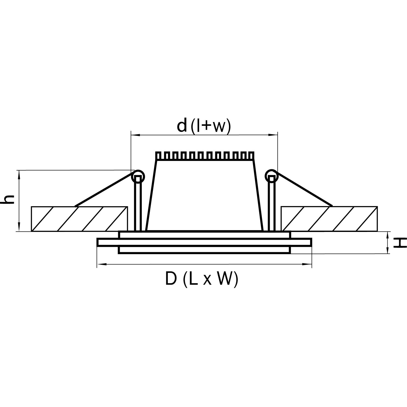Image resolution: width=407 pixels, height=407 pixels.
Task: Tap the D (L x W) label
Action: point(202,279)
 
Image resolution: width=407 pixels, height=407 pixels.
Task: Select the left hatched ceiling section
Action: point(79,219)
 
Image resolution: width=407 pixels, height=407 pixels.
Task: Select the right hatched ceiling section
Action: point(329,219)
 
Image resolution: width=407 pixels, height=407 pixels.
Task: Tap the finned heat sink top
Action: point(205,156)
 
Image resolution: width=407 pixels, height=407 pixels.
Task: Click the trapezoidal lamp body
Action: point(205,196)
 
